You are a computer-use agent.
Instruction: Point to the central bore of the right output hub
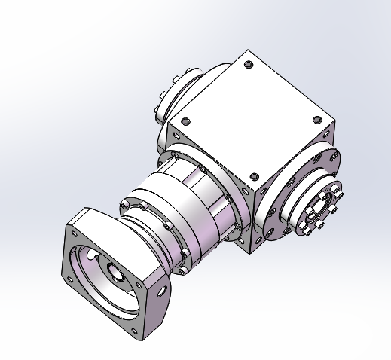point(320,205)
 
